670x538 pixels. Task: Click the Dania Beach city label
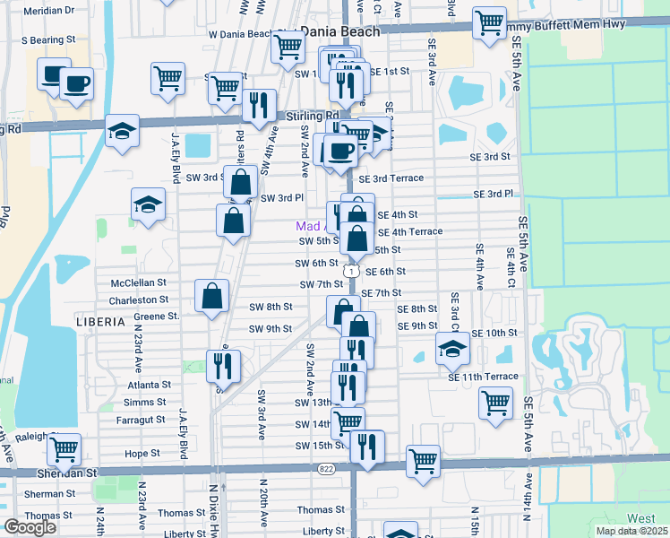(x=340, y=31)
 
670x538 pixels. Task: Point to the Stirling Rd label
(x=313, y=116)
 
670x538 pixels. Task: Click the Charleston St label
(x=139, y=299)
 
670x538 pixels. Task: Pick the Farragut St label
(x=141, y=419)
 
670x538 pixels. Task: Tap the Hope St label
(x=142, y=454)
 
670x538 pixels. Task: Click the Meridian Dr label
(x=49, y=11)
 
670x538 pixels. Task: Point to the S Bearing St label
(x=48, y=40)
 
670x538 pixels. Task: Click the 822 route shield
(x=325, y=469)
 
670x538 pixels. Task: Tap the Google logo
(x=30, y=527)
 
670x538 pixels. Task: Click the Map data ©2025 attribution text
(x=631, y=531)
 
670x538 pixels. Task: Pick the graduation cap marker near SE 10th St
(x=452, y=348)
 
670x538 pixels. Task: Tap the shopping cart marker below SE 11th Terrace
(x=495, y=403)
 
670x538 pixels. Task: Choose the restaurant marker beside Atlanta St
(x=221, y=364)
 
